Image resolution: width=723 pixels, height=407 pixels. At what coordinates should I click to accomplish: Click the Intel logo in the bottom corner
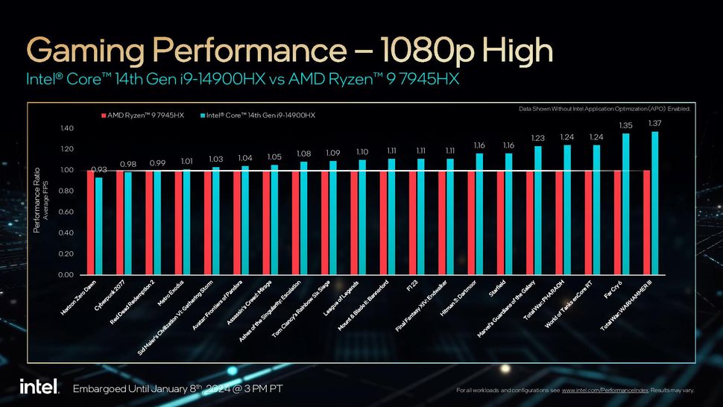[34, 388]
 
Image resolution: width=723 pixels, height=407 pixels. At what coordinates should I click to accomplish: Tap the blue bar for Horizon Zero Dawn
[99, 226]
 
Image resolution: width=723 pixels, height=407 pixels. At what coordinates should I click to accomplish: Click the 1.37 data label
[654, 123]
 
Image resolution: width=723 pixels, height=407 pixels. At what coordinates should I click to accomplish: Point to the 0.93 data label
[99, 169]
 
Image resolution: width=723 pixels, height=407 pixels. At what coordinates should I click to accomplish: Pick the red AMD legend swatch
[103, 116]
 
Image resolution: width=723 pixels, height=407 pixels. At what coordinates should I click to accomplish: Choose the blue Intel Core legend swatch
[202, 116]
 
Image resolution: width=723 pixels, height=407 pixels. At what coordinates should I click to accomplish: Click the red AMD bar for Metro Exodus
[178, 224]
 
